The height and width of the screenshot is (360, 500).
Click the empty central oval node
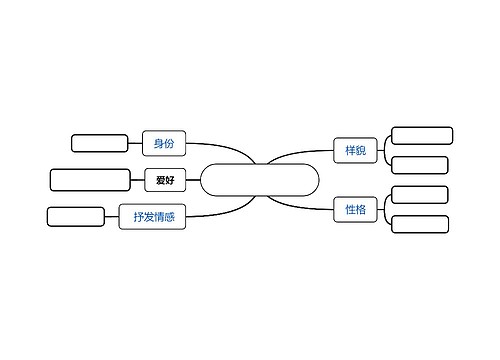click(x=260, y=180)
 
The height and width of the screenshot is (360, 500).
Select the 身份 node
click(x=164, y=144)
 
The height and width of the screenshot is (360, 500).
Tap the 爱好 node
click(x=165, y=180)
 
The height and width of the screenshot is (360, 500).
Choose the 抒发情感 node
click(x=153, y=215)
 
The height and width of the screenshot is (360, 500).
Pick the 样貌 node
click(x=355, y=151)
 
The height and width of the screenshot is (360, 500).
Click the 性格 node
click(x=355, y=210)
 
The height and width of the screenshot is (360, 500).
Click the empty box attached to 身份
click(x=100, y=143)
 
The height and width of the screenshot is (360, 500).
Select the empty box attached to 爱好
click(x=90, y=180)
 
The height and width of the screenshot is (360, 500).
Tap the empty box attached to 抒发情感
click(x=76, y=216)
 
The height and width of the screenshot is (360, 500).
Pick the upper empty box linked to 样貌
click(x=422, y=136)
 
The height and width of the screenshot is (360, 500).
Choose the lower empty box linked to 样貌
click(x=419, y=165)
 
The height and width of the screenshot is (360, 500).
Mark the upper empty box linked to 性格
click(x=419, y=194)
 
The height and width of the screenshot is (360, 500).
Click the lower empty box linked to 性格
click(x=419, y=224)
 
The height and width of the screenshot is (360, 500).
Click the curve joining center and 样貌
click(x=295, y=155)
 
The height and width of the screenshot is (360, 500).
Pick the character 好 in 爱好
click(x=170, y=180)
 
